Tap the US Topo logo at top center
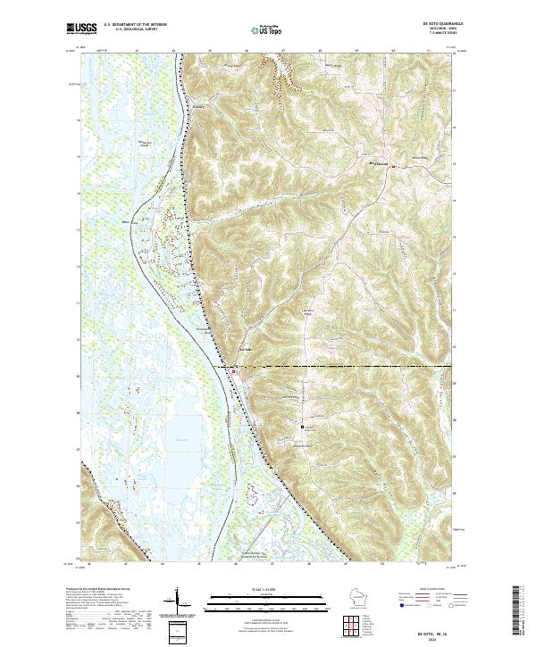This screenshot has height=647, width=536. pyautogui.click(x=267, y=29)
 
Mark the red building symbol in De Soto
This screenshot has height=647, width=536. pyautogui.click(x=235, y=370)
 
